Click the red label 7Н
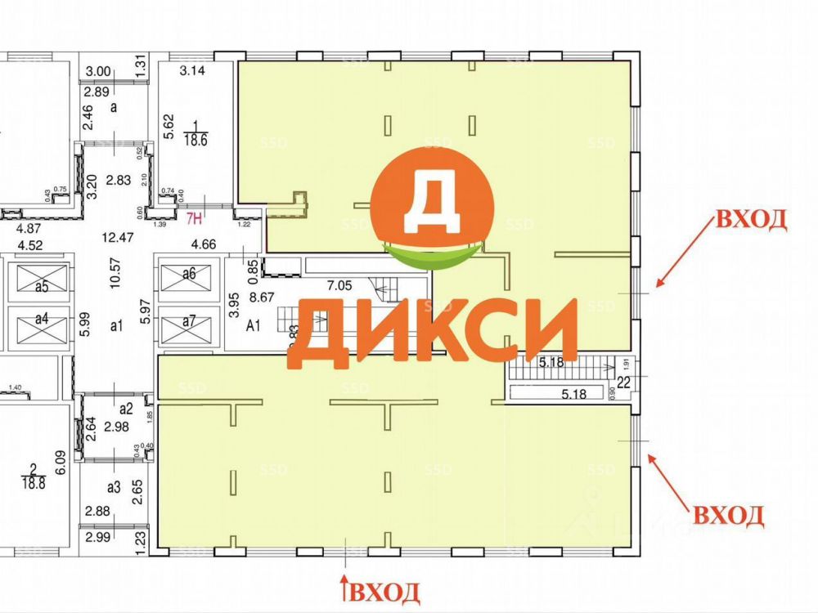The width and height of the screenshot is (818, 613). pyautogui.click(x=195, y=218)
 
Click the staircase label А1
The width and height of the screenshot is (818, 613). pyautogui.click(x=254, y=324)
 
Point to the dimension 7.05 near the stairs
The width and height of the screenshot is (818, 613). pyautogui.click(x=340, y=285)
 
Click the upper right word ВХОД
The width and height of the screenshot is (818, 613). pyautogui.click(x=752, y=220)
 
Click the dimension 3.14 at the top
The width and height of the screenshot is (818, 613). pyautogui.click(x=191, y=70)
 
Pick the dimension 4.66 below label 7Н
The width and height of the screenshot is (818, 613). pyautogui.click(x=204, y=243)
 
